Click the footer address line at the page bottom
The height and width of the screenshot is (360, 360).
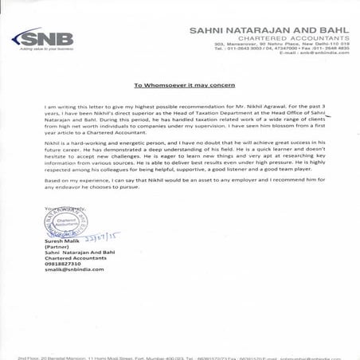(x=180, y=357)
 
